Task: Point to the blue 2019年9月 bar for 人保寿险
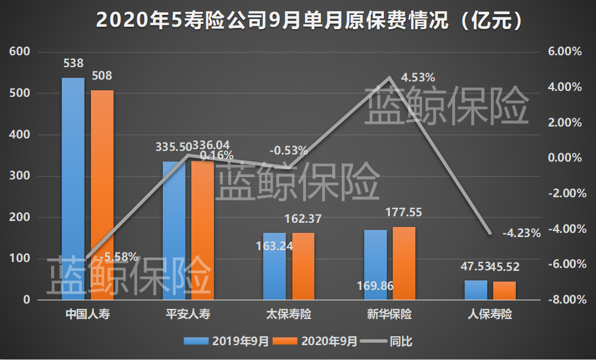pyautogui.click(x=475, y=290)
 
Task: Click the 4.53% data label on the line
pyautogui.click(x=418, y=77)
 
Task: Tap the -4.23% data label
pyautogui.click(x=521, y=233)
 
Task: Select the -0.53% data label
pyautogui.click(x=289, y=150)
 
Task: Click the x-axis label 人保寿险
pyautogui.click(x=490, y=314)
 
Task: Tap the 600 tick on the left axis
pyautogui.click(x=20, y=52)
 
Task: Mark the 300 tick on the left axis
pyautogui.click(x=20, y=176)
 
